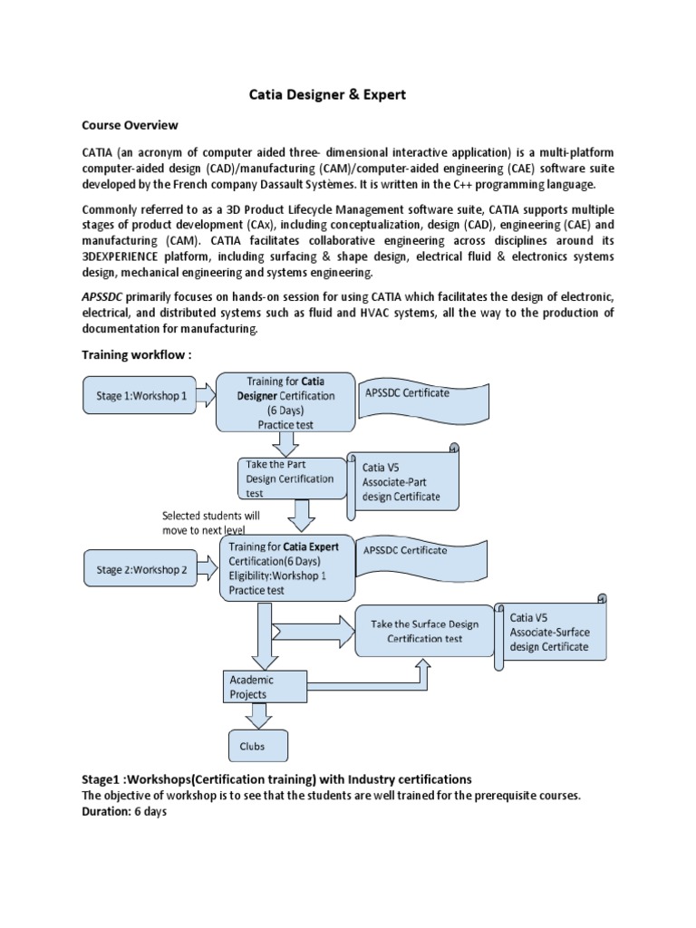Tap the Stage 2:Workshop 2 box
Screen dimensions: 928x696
click(x=140, y=570)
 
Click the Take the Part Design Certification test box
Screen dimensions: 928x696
click(x=289, y=478)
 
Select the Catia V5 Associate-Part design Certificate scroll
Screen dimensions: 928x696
click(x=406, y=481)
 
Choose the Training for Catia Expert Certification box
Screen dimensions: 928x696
click(x=285, y=568)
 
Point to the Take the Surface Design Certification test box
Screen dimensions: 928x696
click(x=425, y=631)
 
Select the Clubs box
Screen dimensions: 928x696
click(x=258, y=747)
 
